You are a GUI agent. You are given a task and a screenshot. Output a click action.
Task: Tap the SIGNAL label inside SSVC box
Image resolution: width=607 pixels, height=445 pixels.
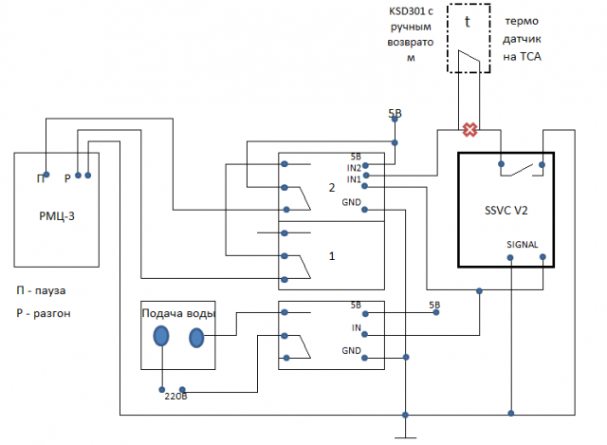coord(523,244)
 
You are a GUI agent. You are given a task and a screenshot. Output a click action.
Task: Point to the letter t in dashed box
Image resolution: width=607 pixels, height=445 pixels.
coord(468,21)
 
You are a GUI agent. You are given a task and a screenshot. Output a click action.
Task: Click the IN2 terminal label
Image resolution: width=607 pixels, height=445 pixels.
coord(353,168)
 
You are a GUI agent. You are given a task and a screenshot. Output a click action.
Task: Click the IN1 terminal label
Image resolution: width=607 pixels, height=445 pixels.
coord(353,178)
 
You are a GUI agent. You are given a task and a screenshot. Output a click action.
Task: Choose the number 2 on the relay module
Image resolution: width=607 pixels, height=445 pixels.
coord(331,188)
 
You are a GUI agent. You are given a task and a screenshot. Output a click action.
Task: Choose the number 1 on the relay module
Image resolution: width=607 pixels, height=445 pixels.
coord(331,256)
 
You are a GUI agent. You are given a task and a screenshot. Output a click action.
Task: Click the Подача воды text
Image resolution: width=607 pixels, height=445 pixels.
coord(178,314)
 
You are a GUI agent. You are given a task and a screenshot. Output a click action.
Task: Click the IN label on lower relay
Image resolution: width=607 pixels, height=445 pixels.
coord(356,327)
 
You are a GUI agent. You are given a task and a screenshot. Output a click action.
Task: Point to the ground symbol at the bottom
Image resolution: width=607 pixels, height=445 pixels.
coord(406,436)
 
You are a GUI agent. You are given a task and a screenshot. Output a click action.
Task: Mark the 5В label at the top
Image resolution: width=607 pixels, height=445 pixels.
coord(395,114)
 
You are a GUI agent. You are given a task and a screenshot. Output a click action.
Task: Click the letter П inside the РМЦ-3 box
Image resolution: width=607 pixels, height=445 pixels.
coord(41,178)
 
